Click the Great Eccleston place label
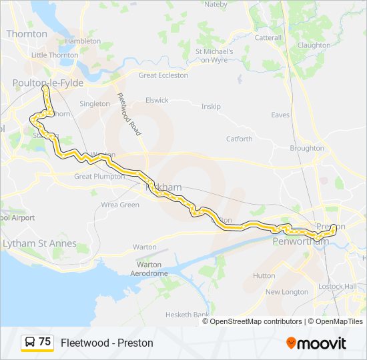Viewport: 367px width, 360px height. pyautogui.click(x=163, y=75)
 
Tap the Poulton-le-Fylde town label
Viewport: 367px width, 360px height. pyautogui.click(x=42, y=82)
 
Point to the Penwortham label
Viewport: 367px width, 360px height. pyautogui.click(x=301, y=241)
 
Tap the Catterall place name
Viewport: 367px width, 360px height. pyautogui.click(x=268, y=38)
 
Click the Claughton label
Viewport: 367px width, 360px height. pyautogui.click(x=314, y=45)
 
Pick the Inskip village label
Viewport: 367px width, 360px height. pyautogui.click(x=211, y=106)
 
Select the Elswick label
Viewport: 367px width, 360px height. pyautogui.click(x=157, y=100)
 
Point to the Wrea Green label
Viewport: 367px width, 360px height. pyautogui.click(x=120, y=205)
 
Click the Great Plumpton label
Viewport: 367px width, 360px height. pyautogui.click(x=99, y=177)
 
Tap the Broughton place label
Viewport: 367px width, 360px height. pyautogui.click(x=307, y=148)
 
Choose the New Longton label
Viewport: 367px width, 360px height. pyautogui.click(x=287, y=292)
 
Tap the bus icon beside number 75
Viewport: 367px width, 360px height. pyautogui.click(x=29, y=343)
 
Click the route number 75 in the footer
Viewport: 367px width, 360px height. pyautogui.click(x=45, y=342)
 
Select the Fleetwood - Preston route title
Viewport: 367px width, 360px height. pyautogui.click(x=107, y=343)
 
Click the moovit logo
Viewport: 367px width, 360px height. pyautogui.click(x=316, y=343)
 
